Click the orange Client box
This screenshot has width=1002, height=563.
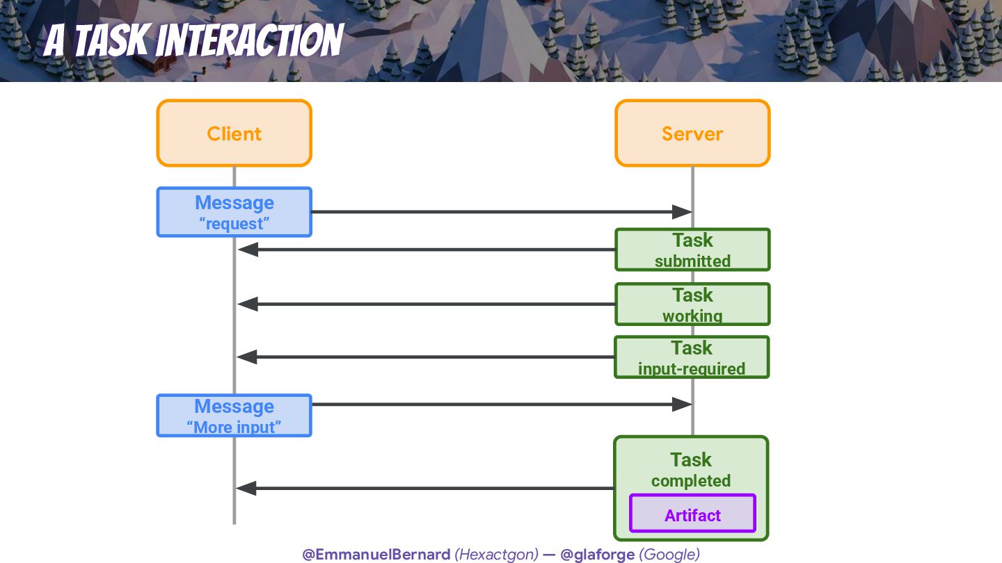[234, 133]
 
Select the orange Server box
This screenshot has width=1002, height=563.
[692, 133]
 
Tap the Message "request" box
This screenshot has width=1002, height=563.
[234, 212]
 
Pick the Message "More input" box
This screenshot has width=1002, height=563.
[234, 416]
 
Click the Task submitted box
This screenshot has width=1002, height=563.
[692, 250]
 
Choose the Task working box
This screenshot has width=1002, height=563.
[692, 304]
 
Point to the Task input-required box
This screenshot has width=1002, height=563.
[692, 357]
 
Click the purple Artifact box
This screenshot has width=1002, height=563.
[692, 514]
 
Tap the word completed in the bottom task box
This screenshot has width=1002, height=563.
[691, 481]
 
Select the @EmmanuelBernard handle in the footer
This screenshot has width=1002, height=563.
[376, 554]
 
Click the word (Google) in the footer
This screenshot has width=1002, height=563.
[669, 554]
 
